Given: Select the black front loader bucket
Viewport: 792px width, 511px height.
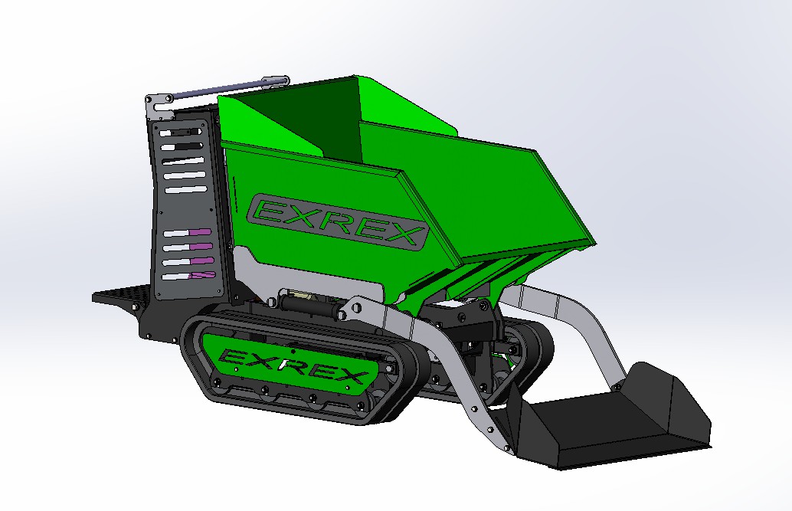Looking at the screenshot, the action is coord(606,417).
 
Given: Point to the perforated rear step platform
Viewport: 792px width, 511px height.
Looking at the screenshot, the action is coord(121,293).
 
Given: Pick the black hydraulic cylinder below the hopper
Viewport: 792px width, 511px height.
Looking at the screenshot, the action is coord(308,305).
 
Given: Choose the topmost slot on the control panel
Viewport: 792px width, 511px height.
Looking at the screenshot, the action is coord(180,133).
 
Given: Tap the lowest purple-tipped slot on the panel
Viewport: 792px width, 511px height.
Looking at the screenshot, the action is coord(189,276).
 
